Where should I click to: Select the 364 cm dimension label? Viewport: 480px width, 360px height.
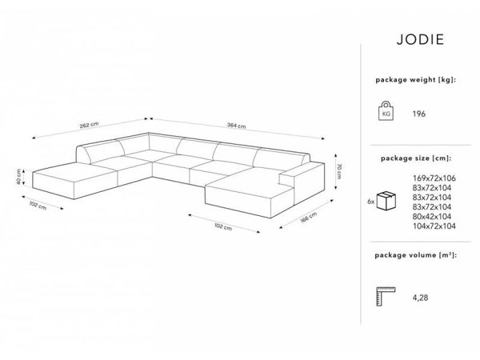237,125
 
